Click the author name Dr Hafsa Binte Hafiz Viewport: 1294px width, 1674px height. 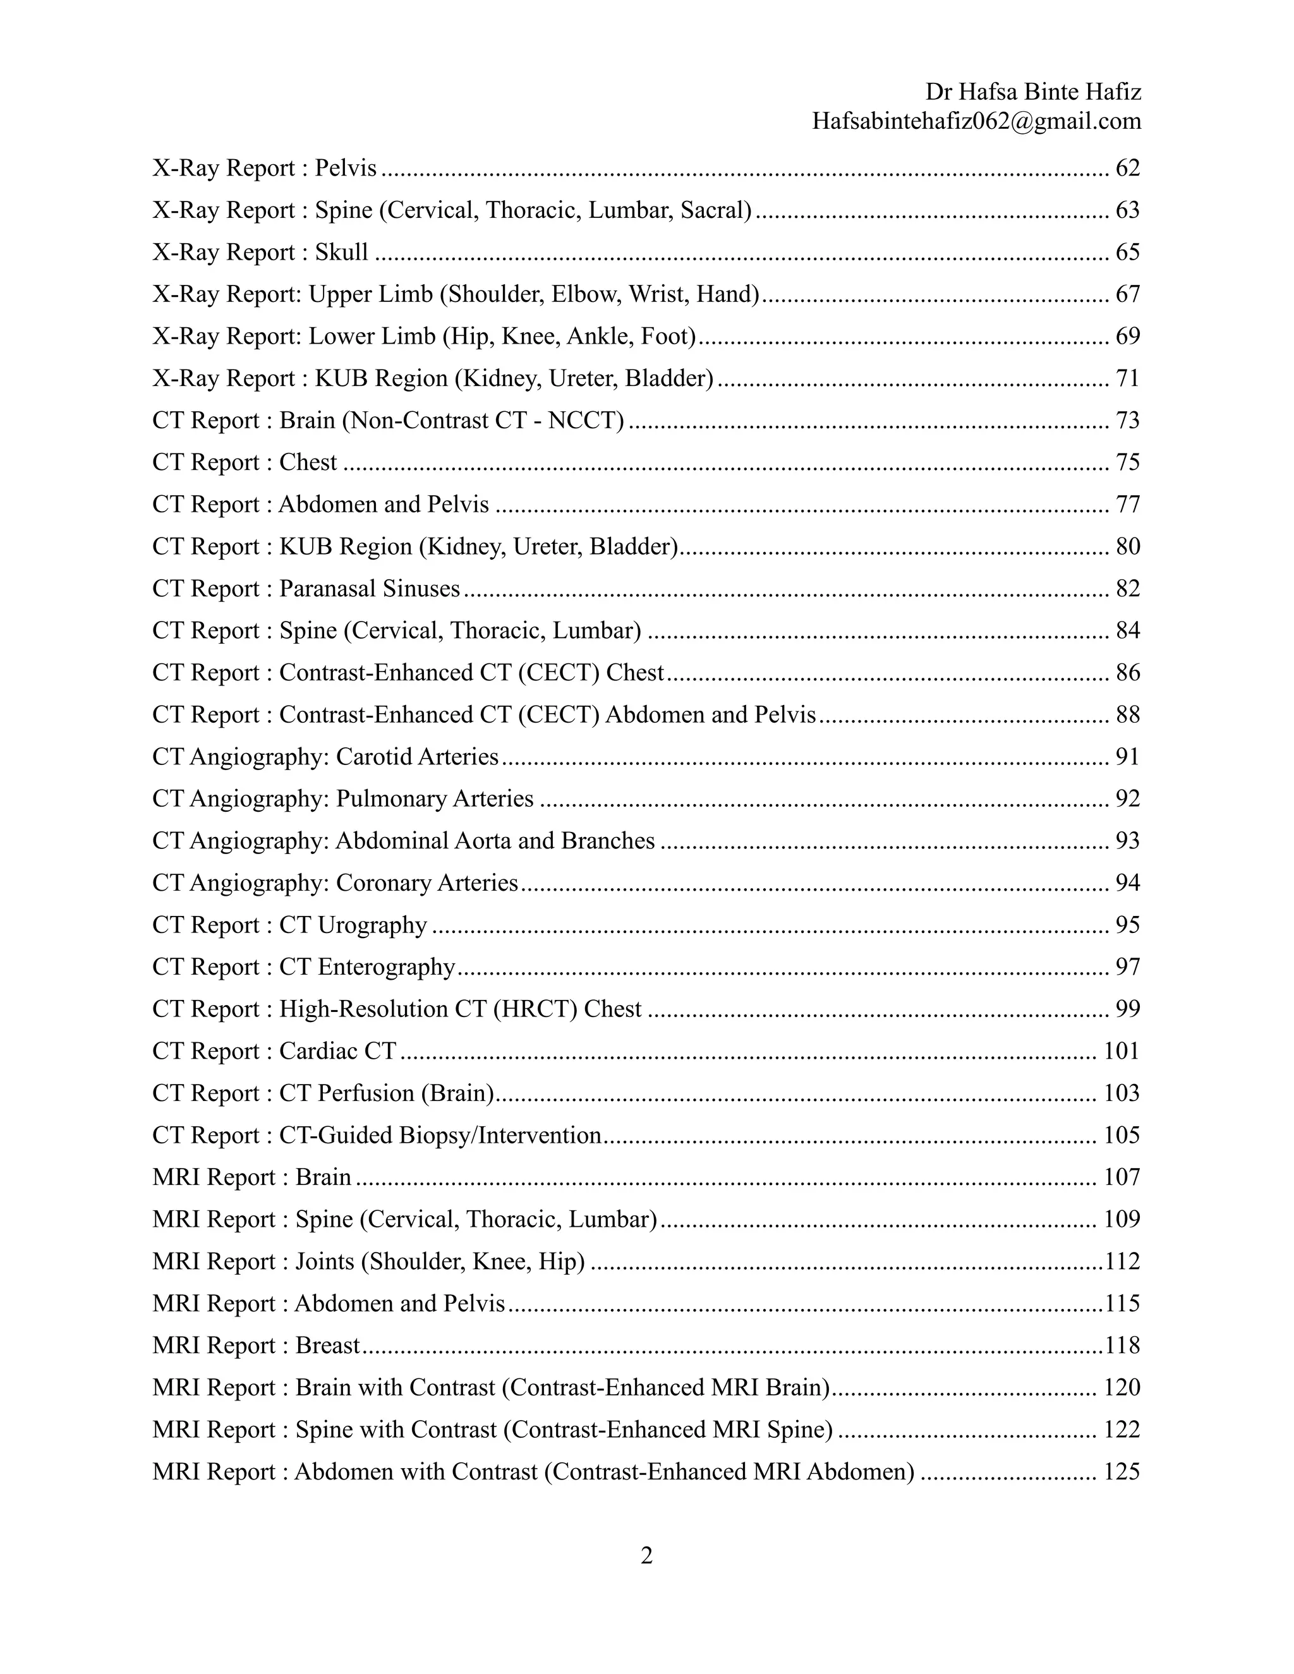click(x=1032, y=92)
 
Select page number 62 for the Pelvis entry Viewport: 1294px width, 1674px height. click(x=1127, y=168)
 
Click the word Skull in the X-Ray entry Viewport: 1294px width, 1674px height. click(x=342, y=252)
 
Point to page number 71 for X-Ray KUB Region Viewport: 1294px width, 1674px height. click(x=1127, y=378)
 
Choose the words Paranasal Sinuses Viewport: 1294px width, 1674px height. click(x=370, y=589)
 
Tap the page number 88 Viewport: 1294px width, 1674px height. click(x=1127, y=715)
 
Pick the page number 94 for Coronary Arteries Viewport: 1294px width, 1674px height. click(x=1127, y=883)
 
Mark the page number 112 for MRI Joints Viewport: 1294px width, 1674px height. click(x=1122, y=1262)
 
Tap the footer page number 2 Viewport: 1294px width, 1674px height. click(x=646, y=1556)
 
